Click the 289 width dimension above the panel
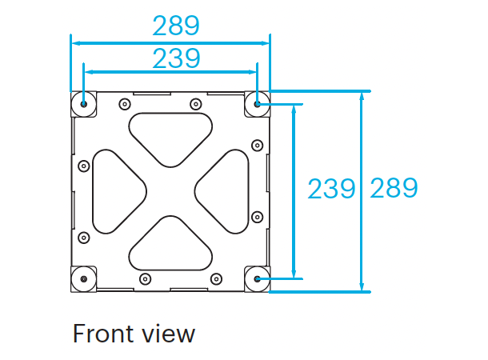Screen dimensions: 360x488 tap(175, 26)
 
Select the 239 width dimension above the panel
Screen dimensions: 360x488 tap(175, 58)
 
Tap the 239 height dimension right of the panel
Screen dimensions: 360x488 tap(331, 189)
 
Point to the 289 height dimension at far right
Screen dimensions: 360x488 tap(393, 189)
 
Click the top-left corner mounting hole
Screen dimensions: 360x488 tap(83, 102)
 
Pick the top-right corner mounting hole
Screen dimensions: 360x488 tap(257, 102)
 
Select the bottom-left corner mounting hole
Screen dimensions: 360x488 tap(83, 279)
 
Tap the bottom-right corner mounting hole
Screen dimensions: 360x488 tap(257, 279)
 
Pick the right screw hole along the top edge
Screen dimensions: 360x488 tap(194, 103)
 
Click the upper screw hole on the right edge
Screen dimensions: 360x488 tap(256, 145)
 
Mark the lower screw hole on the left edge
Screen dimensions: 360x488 tap(83, 238)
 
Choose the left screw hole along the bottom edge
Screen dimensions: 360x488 tap(145, 278)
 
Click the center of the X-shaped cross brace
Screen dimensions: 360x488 tap(170, 190)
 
